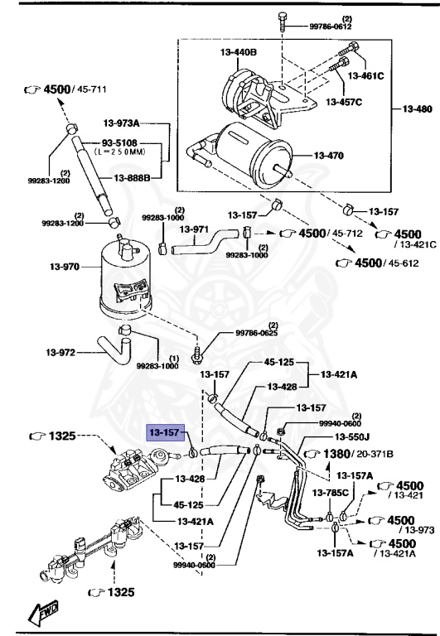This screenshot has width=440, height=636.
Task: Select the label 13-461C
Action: pos(365,75)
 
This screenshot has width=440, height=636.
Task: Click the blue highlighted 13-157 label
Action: pos(163,432)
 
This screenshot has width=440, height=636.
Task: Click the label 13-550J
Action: pos(353,436)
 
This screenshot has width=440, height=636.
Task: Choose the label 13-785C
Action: pos(328,493)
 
